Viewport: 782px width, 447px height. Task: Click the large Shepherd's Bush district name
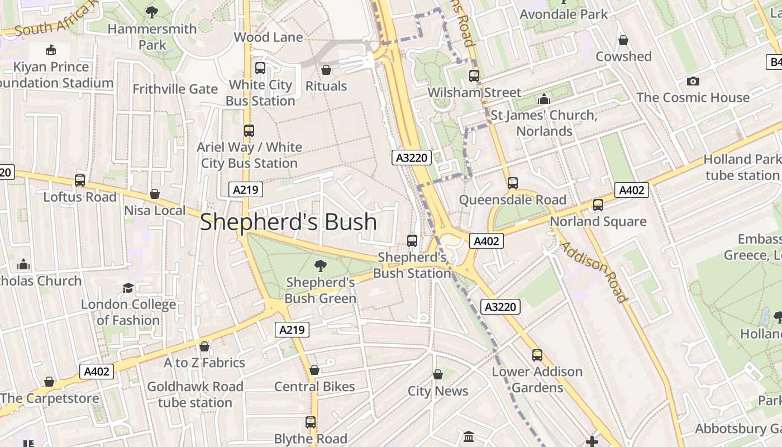[288, 222]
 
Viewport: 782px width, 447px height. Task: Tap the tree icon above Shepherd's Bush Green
[321, 265]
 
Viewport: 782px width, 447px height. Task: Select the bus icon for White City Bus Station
[260, 69]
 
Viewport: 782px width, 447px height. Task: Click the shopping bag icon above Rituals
[326, 70]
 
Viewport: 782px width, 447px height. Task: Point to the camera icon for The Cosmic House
[693, 82]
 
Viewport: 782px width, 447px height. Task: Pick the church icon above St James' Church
[544, 99]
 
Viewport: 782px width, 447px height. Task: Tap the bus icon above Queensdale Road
[512, 183]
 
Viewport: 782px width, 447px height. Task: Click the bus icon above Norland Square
[598, 205]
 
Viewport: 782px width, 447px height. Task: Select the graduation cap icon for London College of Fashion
[128, 288]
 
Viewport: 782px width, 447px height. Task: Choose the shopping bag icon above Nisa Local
[155, 194]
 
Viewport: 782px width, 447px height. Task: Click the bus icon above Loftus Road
[80, 180]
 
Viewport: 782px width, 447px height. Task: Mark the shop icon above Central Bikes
[314, 370]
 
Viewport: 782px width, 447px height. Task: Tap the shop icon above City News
[438, 374]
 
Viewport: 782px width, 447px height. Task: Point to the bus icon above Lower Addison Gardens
[537, 355]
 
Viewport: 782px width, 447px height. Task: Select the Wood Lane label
[268, 37]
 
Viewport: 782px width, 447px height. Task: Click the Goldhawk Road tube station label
[195, 394]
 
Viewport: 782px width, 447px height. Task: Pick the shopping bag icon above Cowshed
[623, 41]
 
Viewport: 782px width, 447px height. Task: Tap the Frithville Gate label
[175, 89]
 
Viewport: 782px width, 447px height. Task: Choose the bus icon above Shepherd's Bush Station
[412, 241]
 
